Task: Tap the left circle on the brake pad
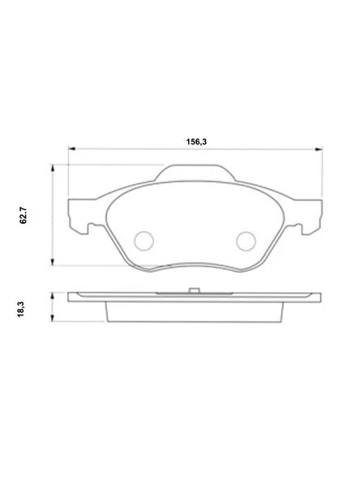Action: [144, 240]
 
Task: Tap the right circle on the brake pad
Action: [245, 240]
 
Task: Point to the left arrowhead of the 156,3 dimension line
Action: [71, 149]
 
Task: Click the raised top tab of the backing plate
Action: [194, 171]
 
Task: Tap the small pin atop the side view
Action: [194, 290]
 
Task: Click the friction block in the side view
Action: [194, 311]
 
